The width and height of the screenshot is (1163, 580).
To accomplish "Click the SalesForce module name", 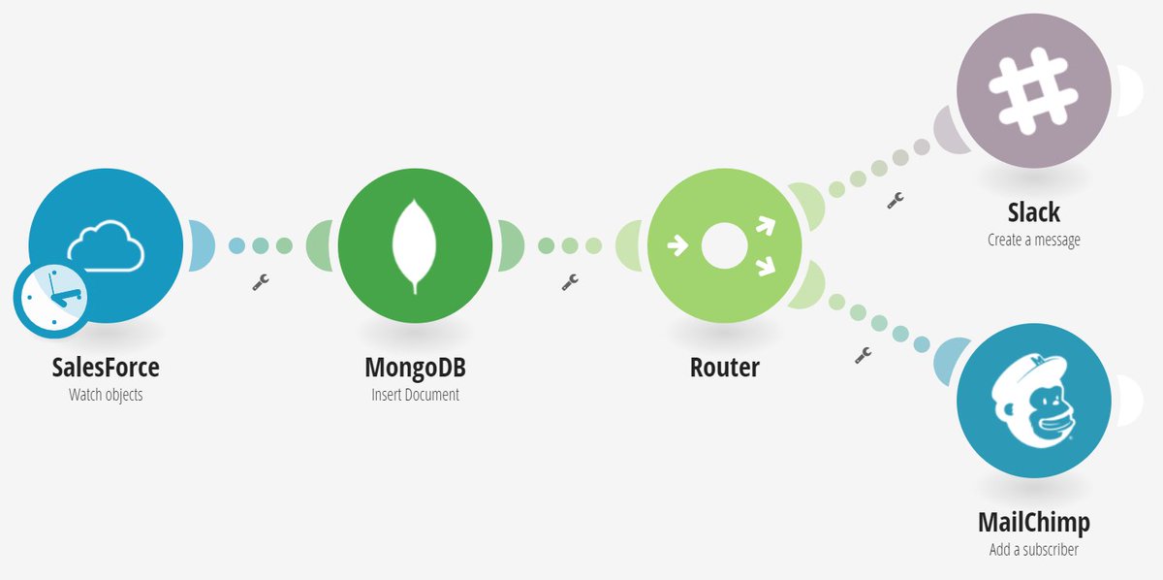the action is (x=106, y=368).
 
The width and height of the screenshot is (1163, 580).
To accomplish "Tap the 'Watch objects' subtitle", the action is (x=106, y=395).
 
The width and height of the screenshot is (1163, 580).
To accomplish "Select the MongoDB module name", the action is (x=415, y=368).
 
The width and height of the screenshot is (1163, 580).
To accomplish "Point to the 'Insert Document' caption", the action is (x=415, y=395).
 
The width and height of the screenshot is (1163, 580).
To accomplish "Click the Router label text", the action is (x=725, y=368).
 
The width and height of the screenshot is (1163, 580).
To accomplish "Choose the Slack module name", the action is (x=1034, y=212).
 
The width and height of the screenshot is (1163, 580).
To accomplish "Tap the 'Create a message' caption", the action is (x=1034, y=240).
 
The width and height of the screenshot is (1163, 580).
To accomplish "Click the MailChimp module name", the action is (x=1034, y=523).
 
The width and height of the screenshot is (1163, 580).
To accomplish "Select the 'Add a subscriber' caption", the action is (x=1034, y=550).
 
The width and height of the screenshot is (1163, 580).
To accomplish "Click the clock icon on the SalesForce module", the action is (x=51, y=298).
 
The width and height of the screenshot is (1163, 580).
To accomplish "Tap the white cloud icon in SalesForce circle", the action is (x=106, y=243).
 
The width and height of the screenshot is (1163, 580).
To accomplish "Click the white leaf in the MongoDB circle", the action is (x=415, y=245).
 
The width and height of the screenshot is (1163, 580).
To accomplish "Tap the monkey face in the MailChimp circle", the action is (x=1033, y=401).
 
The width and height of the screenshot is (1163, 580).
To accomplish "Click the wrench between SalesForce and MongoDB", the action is (x=260, y=282).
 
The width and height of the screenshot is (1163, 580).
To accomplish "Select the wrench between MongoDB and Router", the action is (x=570, y=282).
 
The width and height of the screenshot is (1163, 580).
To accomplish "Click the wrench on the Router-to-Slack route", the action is (x=896, y=200).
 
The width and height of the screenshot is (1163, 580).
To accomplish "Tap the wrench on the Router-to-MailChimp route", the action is (x=863, y=355).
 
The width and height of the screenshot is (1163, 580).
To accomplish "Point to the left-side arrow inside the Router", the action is (x=678, y=245).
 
